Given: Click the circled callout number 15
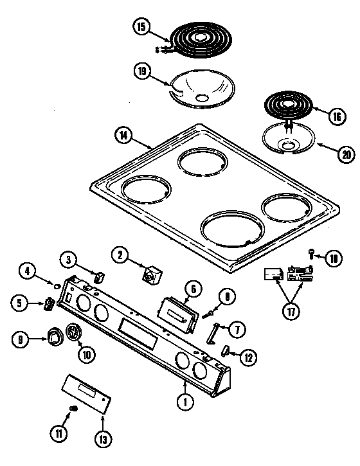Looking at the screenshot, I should (141, 27).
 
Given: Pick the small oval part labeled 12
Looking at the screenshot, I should (227, 351).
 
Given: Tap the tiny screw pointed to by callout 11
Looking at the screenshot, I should (73, 409).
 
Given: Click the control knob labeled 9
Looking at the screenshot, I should (54, 336).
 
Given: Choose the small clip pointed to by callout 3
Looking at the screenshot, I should (98, 276).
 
